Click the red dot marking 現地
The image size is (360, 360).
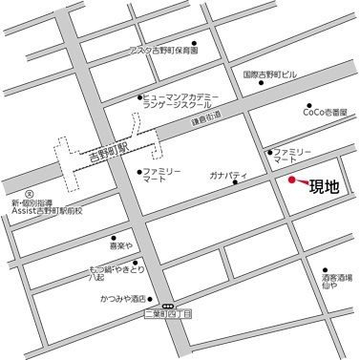[292, 180]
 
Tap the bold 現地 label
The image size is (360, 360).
[325, 186]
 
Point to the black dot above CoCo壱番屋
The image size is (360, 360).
[308, 107]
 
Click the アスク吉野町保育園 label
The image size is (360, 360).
[163, 52]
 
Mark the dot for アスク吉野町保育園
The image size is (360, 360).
[194, 42]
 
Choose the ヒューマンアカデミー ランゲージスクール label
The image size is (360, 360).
[184, 103]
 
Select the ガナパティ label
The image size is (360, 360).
[229, 176]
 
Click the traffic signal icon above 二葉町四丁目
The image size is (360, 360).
[168, 306]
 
